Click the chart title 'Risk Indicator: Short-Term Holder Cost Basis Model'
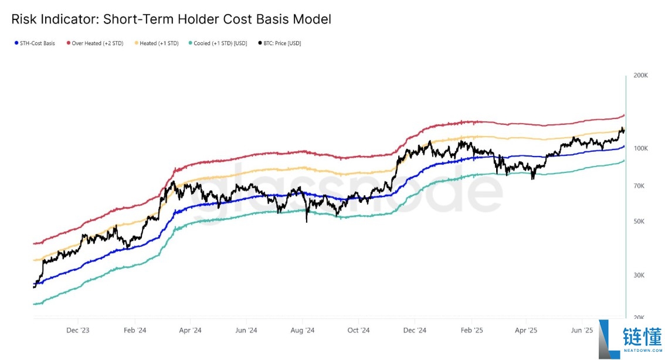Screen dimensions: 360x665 171,19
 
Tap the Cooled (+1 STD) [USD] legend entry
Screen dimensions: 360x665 218,43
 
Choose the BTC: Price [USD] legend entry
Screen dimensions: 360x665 282,43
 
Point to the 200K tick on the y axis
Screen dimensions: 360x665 640,76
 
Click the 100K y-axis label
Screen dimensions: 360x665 640,148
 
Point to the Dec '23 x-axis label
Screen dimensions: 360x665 78,330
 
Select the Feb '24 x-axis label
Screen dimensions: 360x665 134,330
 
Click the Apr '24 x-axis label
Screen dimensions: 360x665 190,330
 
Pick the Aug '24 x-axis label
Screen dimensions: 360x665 303,330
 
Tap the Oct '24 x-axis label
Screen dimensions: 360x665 358,330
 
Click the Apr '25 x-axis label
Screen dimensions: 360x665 527,330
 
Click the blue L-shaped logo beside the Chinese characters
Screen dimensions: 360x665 609,339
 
